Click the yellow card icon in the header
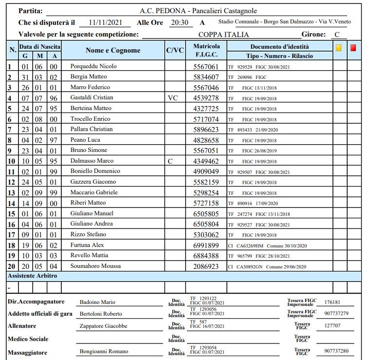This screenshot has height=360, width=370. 338,48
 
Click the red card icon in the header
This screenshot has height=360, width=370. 353,48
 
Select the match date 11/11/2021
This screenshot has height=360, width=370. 107,22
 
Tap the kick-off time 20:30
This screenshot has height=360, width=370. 180,22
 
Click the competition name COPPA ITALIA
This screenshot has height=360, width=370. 223,35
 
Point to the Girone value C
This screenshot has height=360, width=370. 337,35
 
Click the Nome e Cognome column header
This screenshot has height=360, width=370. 112,51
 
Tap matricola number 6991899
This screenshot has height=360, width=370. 206,246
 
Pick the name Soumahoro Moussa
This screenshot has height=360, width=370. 95,266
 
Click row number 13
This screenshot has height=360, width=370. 11,192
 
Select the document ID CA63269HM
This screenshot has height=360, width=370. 250,246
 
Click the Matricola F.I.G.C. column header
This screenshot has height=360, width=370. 206,51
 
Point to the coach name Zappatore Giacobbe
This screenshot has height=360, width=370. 103,326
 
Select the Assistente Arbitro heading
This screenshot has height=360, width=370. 32,276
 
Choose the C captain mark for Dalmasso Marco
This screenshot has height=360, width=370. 170,161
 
